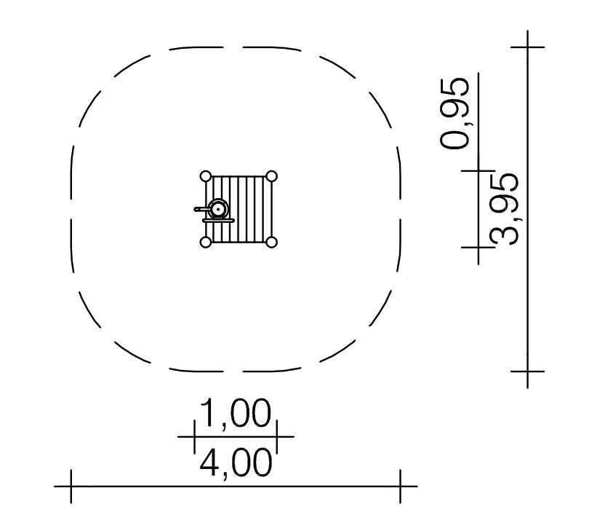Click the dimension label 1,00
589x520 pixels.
[235, 414]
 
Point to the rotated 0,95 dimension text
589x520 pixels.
[455, 114]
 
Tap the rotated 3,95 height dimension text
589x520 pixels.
[505, 209]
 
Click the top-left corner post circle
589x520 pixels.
[206, 176]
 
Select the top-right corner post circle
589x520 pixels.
[271, 176]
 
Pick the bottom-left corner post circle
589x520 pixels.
[206, 242]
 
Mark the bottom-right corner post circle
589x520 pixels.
[271, 242]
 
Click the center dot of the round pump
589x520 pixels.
[218, 209]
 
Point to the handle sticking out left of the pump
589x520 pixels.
[201, 209]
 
